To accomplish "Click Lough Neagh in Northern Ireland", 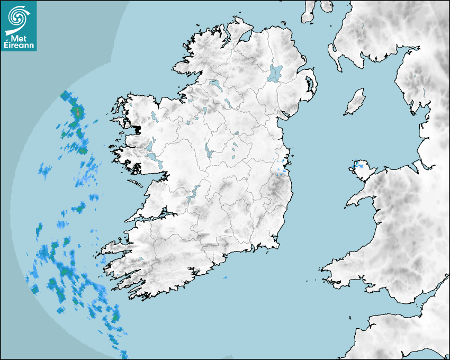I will [x=275, y=73].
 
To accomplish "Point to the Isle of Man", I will [x=355, y=102].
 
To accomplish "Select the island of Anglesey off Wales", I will [x=363, y=170].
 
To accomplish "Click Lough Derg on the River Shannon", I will [x=193, y=193].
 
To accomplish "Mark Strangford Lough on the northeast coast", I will [x=309, y=85].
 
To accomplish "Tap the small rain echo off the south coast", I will [x=225, y=277].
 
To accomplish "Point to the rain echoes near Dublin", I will [x=282, y=165].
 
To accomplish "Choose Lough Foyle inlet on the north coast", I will [x=244, y=37].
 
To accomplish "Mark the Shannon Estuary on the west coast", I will [x=154, y=216].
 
